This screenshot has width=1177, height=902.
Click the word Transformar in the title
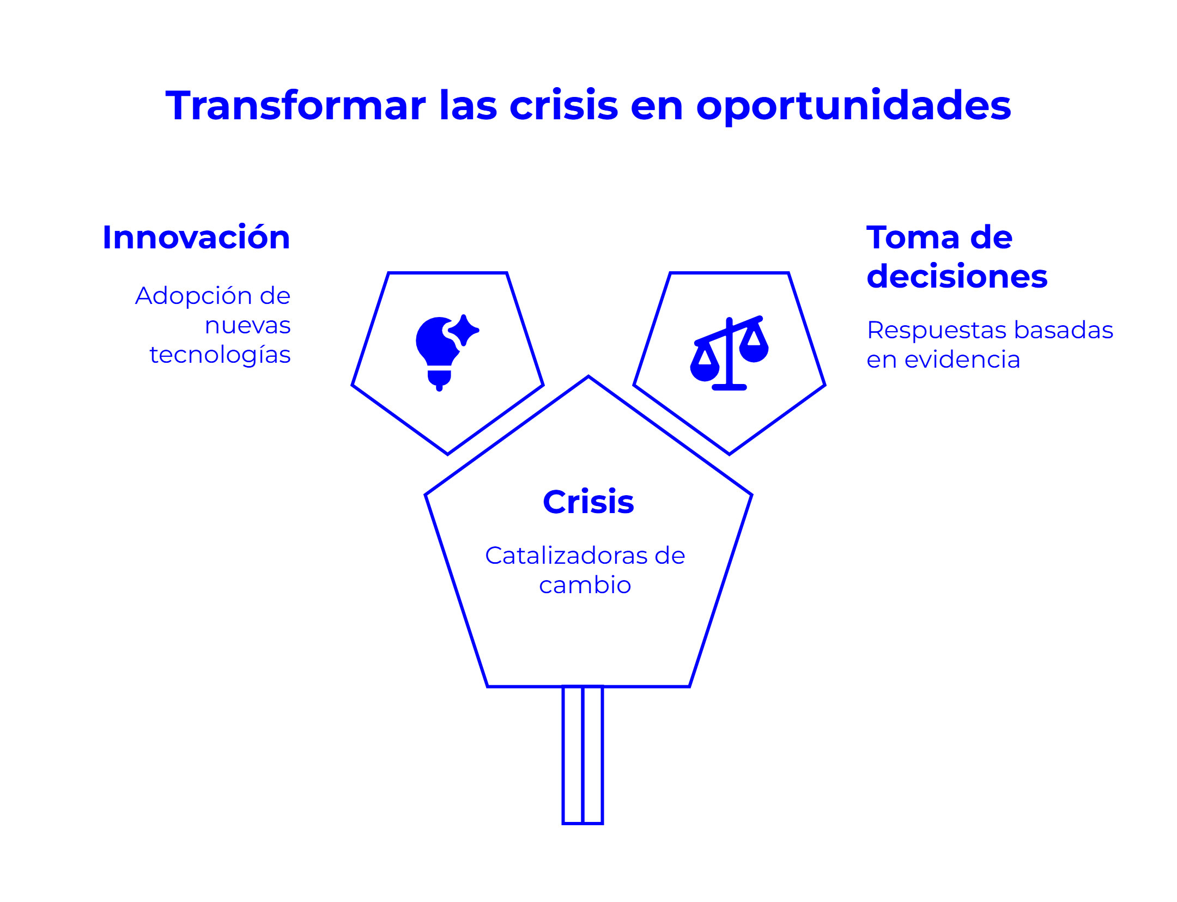(x=296, y=105)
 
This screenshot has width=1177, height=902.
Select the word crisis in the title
(x=563, y=105)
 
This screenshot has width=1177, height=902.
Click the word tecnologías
(x=220, y=355)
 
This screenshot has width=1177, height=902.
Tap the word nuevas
(x=248, y=326)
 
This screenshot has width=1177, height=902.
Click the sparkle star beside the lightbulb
(x=464, y=330)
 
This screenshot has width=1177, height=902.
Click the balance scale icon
(x=729, y=353)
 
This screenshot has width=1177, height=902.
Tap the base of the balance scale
(x=729, y=387)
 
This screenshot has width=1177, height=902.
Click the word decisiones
(x=957, y=276)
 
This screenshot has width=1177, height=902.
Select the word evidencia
(x=962, y=359)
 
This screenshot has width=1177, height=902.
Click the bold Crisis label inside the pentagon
(x=588, y=502)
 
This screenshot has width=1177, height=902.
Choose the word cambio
(x=585, y=585)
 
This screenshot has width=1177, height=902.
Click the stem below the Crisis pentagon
(x=583, y=755)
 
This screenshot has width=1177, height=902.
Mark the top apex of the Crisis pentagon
(x=588, y=376)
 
